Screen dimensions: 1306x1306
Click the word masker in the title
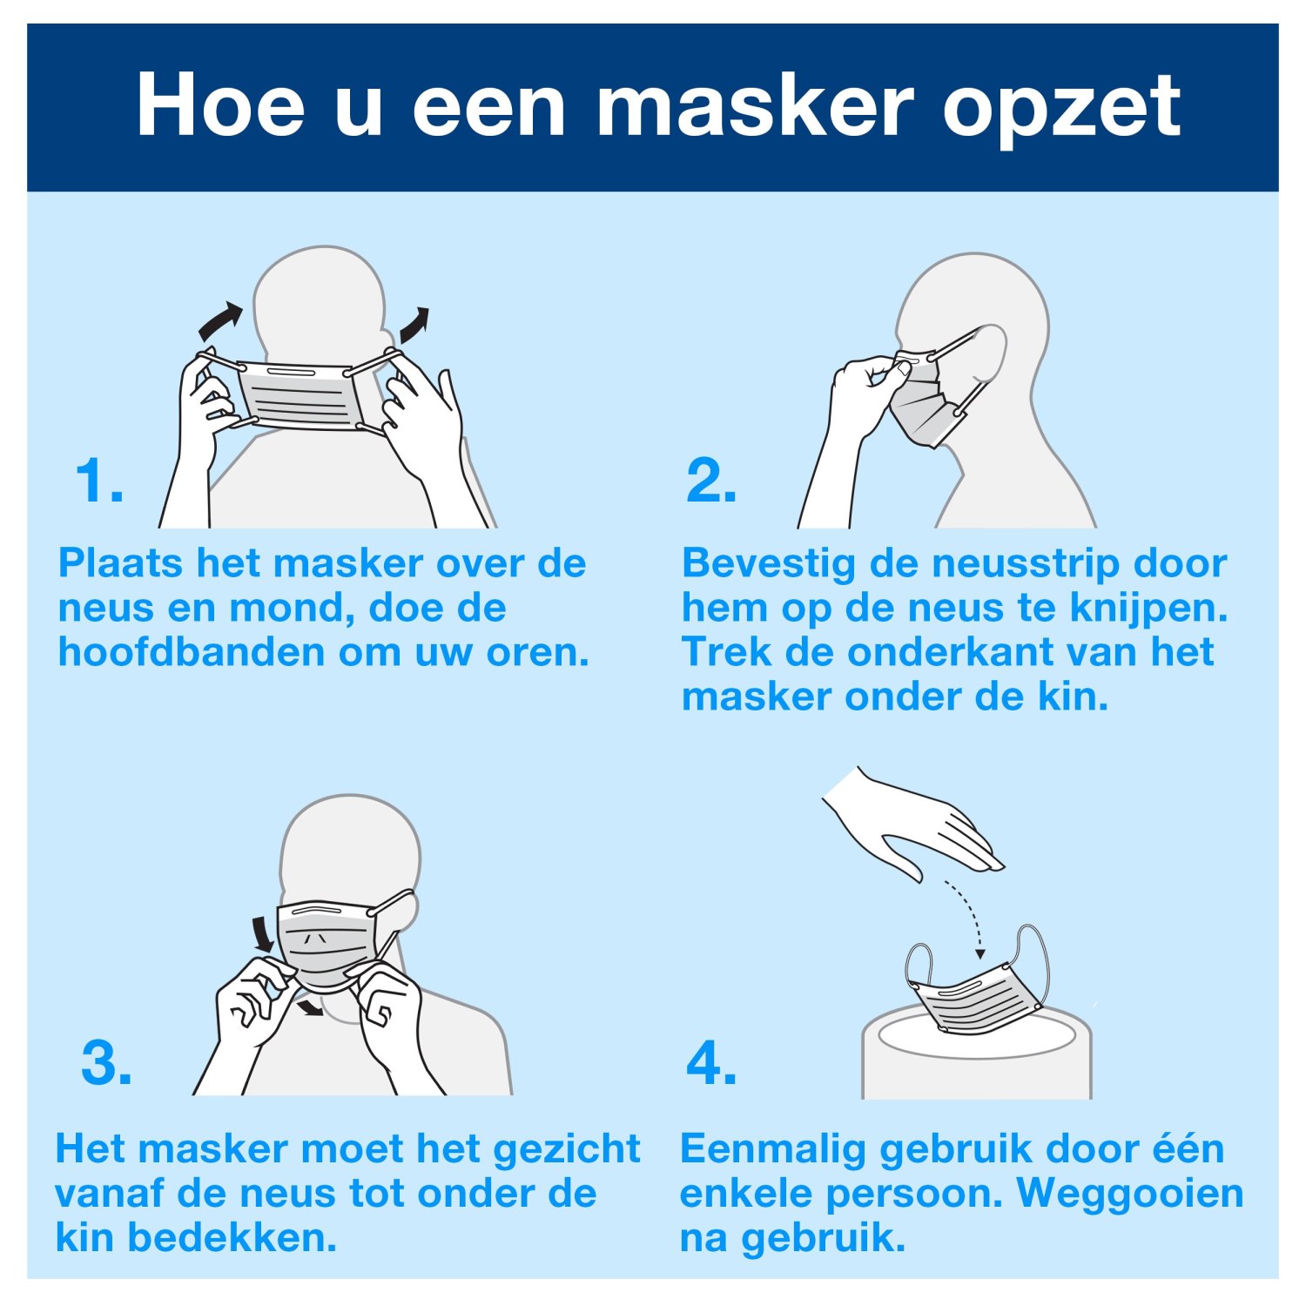click(754, 107)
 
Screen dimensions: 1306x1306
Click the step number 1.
click(98, 481)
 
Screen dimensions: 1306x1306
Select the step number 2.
click(710, 481)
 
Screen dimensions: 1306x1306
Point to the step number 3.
click(106, 1062)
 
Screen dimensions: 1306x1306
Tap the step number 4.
click(711, 1062)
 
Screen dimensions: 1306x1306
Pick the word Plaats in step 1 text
click(120, 563)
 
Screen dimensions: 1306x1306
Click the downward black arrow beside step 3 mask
click(259, 934)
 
